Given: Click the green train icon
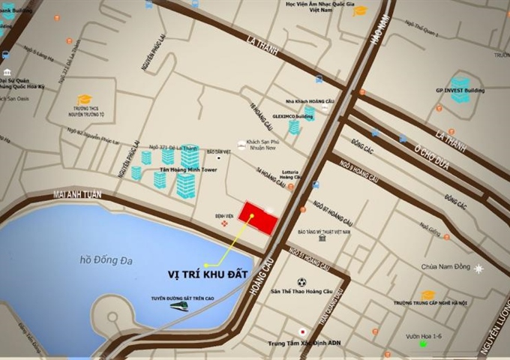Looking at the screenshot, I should (179, 306).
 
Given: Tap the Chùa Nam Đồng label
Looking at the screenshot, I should (445, 267).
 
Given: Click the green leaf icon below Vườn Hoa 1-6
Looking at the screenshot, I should (424, 344).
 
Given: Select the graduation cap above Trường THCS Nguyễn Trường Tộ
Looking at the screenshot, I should (85, 100).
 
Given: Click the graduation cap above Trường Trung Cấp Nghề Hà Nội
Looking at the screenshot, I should (428, 295).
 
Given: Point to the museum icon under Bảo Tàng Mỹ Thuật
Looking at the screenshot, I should (322, 238).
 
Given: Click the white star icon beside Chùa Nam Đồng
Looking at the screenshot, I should (478, 268).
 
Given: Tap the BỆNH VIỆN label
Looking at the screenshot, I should (224, 215).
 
